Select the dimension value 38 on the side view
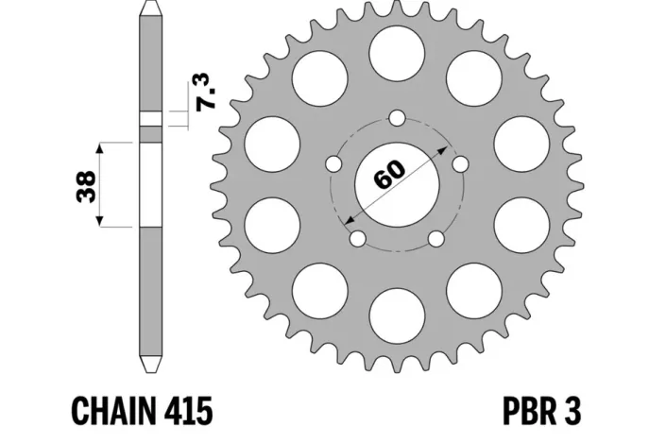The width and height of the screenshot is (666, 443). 84,185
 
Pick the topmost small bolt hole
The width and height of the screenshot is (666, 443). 397,119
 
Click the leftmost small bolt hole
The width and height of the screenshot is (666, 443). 333,164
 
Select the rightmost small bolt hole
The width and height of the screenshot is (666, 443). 460,164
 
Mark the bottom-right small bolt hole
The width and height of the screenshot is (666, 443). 435,239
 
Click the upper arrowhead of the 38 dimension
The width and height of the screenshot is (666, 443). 99,148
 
